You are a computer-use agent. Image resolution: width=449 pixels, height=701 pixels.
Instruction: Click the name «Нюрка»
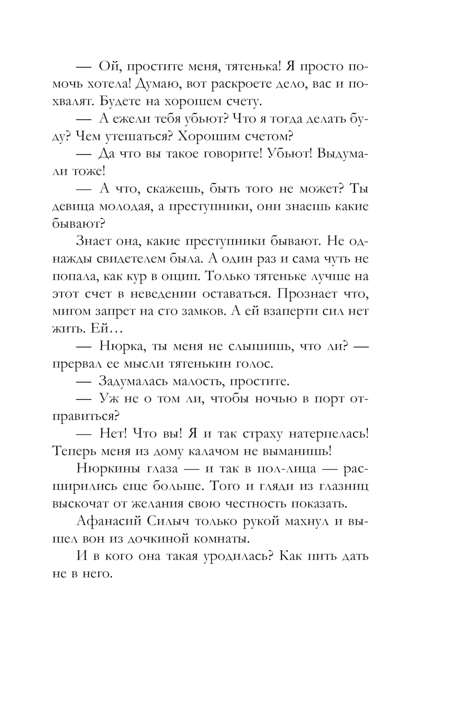[x=120, y=346]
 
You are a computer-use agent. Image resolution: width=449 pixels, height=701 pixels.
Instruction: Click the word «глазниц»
[x=344, y=486]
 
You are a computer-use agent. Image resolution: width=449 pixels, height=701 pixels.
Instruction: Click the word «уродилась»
[x=236, y=556]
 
